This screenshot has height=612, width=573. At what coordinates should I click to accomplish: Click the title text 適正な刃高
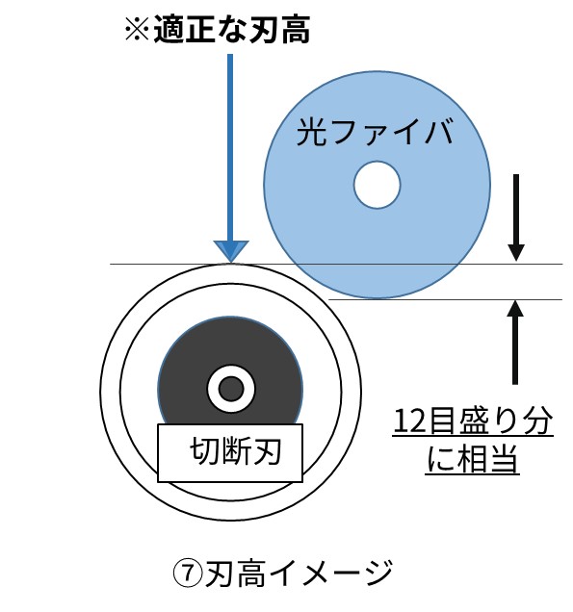pos(232,29)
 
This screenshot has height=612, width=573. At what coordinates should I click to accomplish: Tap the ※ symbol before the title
pos(137,29)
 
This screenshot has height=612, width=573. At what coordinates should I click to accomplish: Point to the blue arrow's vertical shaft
pos(230,147)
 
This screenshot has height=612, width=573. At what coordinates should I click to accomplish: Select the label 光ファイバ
pos(375,132)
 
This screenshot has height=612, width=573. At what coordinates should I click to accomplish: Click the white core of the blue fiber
pos(377,185)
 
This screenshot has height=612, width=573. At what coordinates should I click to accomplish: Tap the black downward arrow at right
pos(516,217)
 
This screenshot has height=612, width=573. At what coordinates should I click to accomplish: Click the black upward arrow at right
pos(515,343)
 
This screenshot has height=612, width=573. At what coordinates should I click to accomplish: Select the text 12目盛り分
pos(473,421)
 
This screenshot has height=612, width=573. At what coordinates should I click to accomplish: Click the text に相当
pos(472,459)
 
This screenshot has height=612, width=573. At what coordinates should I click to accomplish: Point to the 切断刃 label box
pos(230,453)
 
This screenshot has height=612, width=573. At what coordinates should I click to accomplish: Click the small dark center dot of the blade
pos(231,389)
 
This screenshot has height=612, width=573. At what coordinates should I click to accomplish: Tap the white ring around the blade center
pos(231,369)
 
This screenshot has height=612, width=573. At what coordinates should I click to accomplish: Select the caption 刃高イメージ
pos(299,574)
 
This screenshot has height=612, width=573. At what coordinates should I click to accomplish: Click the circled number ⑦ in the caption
pos(188,574)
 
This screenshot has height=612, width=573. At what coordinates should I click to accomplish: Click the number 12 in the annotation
pos(408,421)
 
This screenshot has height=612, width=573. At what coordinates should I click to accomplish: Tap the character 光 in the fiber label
pos(311,132)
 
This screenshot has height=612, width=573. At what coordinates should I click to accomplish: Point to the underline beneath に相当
pos(472,473)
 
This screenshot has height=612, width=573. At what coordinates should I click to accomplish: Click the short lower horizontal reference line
pos(445,300)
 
